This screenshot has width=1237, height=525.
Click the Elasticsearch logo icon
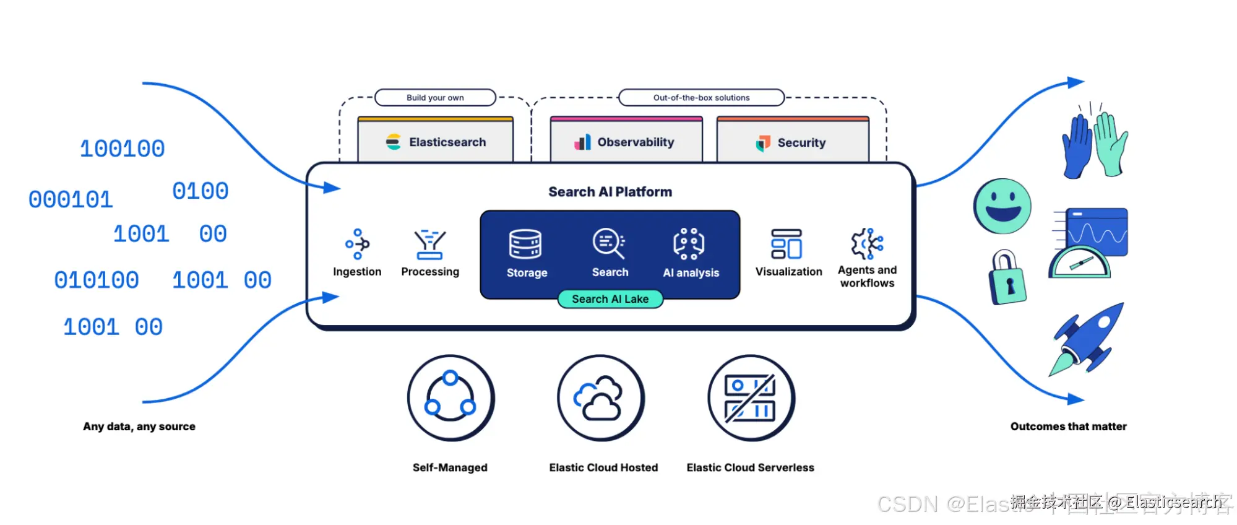click(x=394, y=142)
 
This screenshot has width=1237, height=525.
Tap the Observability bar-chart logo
click(x=582, y=142)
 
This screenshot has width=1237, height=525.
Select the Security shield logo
click(x=763, y=143)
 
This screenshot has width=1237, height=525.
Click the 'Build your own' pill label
click(x=435, y=98)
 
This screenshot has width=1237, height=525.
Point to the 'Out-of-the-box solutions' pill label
click(x=701, y=98)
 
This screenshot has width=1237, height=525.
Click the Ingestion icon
click(x=357, y=244)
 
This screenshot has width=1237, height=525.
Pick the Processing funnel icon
click(x=430, y=244)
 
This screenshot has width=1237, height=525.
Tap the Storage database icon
click(x=525, y=244)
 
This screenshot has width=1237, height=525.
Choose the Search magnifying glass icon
click(x=609, y=243)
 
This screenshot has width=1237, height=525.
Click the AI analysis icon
click(x=689, y=244)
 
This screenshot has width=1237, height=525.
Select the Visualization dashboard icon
click(x=787, y=244)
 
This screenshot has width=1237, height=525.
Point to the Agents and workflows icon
click(x=867, y=243)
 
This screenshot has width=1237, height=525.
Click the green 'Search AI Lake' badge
click(x=610, y=299)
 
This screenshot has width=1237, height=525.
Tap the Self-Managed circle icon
click(x=450, y=397)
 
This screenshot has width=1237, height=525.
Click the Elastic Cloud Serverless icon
click(x=751, y=397)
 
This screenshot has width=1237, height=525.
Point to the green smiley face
click(x=1002, y=206)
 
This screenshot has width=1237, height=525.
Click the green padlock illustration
click(x=1007, y=278)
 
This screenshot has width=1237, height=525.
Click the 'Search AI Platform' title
click(x=610, y=192)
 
